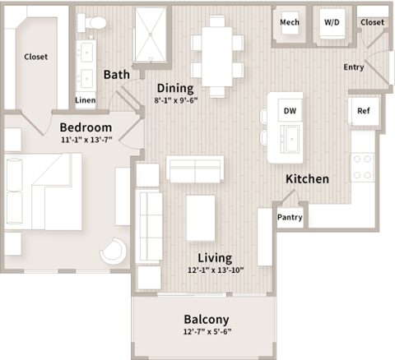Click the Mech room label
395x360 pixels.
289,22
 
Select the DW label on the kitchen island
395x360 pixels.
290,110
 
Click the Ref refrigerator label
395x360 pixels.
363,110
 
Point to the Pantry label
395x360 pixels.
290,218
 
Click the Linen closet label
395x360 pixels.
85,100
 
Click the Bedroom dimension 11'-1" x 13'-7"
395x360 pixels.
85,141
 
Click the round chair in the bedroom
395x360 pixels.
114,251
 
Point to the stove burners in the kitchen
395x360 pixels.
363,169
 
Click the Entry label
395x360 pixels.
355,67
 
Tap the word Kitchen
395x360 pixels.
307,178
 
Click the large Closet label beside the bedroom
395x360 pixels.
35,57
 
